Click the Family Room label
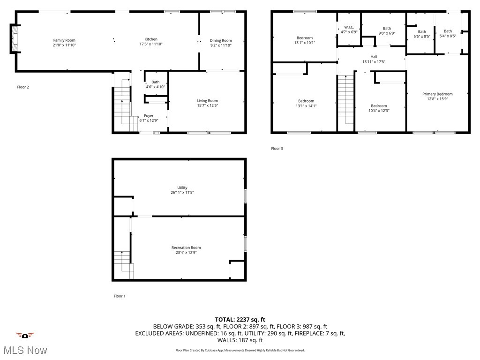tap(64, 40)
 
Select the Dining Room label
tap(220, 40)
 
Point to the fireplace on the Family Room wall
tap(14, 40)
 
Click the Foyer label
tap(149, 115)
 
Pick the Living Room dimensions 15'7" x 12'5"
tap(207, 105)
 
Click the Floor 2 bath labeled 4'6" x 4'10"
tap(155, 84)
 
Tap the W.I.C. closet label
tap(349, 28)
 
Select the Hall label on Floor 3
tap(374, 57)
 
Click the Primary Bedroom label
tap(437, 94)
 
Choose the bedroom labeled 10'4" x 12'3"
tap(379, 108)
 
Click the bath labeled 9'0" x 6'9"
tap(387, 30)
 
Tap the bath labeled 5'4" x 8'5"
tap(448, 33)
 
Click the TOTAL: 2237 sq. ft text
tap(240, 319)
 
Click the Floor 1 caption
tap(120, 296)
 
